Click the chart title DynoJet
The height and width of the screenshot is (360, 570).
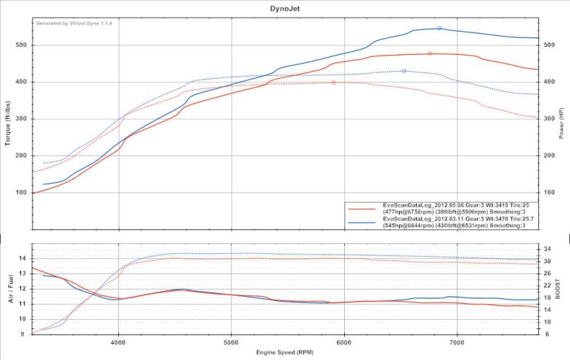[x=285, y=9]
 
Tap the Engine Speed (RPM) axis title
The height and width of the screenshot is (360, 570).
[x=285, y=352]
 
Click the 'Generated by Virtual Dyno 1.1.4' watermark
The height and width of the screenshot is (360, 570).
[x=74, y=23]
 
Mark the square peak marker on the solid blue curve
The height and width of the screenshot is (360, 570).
[x=439, y=28]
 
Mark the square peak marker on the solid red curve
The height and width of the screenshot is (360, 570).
[x=429, y=53]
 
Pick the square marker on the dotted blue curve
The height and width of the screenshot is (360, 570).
[x=404, y=71]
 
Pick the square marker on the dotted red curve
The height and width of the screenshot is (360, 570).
[x=334, y=82]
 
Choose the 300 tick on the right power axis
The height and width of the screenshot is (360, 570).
[x=549, y=119]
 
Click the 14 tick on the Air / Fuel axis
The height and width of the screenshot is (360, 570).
[x=23, y=259]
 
